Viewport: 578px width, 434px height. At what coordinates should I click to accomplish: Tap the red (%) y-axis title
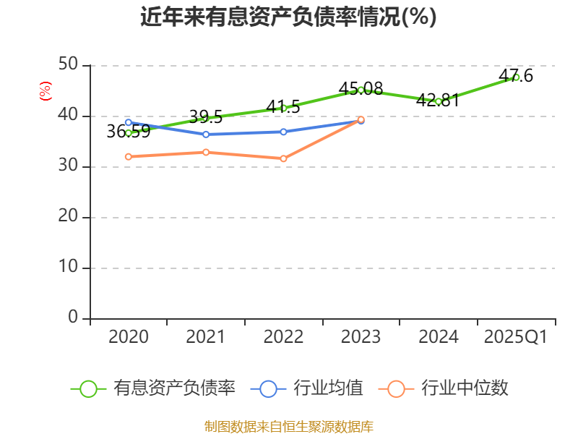pos(46,92)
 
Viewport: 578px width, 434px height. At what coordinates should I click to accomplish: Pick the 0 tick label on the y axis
pos(73,318)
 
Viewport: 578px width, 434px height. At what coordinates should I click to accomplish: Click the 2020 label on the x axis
pos(129,337)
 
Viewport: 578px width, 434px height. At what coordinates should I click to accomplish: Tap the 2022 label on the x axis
pos(283,337)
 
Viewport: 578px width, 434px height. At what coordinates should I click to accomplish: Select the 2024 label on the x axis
pos(439,337)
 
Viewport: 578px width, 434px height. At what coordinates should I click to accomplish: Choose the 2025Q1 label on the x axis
pos(516,337)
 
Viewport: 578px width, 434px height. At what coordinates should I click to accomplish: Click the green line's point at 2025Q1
pos(516,77)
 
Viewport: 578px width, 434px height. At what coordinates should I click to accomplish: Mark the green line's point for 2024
pos(439,101)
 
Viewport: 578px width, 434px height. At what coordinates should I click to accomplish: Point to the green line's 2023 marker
pos(361,90)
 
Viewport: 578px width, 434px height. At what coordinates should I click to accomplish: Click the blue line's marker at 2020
pos(129,122)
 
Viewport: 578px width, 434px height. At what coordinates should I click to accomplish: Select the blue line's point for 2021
pos(206,135)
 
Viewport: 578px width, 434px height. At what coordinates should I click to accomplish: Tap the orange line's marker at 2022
pos(283,158)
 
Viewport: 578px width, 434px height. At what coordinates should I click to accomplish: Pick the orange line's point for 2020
pos(129,156)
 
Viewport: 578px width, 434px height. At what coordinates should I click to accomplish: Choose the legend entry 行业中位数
pos(448,388)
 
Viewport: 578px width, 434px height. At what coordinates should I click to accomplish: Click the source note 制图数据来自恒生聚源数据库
pos(288,426)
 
